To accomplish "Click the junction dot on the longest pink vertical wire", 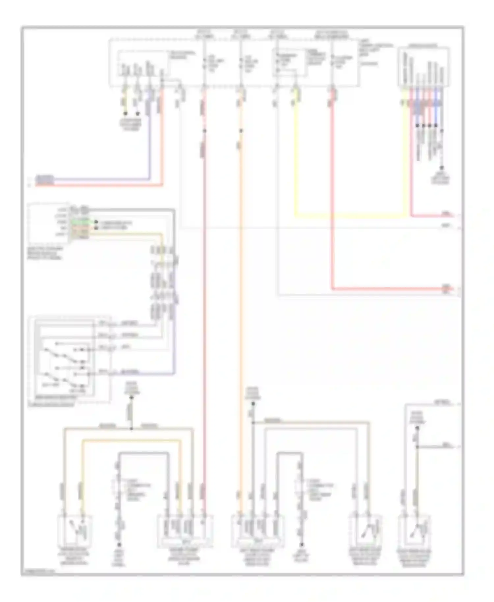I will click(x=204, y=131).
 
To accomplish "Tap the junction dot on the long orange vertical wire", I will click(x=241, y=131).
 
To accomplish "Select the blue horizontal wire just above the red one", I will click(x=99, y=179).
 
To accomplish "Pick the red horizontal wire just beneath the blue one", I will click(x=99, y=185).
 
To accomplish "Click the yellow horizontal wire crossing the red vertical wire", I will click(x=349, y=216).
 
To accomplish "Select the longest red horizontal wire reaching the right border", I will click(x=389, y=289).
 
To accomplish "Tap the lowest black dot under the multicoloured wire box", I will click(x=442, y=168).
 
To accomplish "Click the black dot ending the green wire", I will click(x=96, y=222).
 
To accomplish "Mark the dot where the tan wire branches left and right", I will click(x=131, y=429).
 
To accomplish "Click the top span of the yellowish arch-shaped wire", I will click(x=132, y=440).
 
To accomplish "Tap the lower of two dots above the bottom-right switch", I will click(x=417, y=447).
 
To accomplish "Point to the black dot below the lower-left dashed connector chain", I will click(x=119, y=545).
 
